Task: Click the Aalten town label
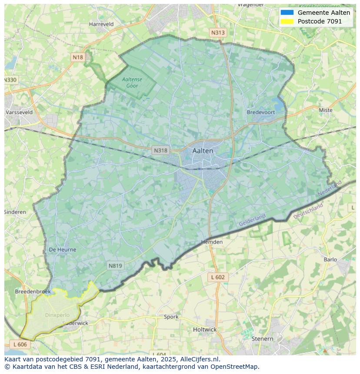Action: click(x=203, y=151)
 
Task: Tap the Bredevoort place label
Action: click(x=261, y=112)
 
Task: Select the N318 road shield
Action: click(x=160, y=150)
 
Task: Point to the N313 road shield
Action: click(x=218, y=33)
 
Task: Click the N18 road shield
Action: click(x=78, y=57)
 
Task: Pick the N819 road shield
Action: click(x=115, y=266)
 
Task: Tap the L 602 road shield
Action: click(x=218, y=277)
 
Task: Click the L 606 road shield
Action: click(x=20, y=344)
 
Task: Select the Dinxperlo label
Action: click(x=57, y=315)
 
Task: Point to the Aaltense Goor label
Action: click(x=132, y=83)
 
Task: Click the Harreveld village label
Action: click(x=101, y=24)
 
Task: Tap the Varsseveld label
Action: click(x=19, y=112)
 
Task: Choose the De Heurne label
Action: click(x=63, y=250)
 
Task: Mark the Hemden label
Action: click(x=212, y=242)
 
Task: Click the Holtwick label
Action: click(x=205, y=330)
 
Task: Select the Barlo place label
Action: click(x=330, y=260)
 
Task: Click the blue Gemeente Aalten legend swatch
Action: click(x=287, y=13)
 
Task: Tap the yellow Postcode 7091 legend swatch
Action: click(x=287, y=21)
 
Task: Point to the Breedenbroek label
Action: click(x=33, y=291)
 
